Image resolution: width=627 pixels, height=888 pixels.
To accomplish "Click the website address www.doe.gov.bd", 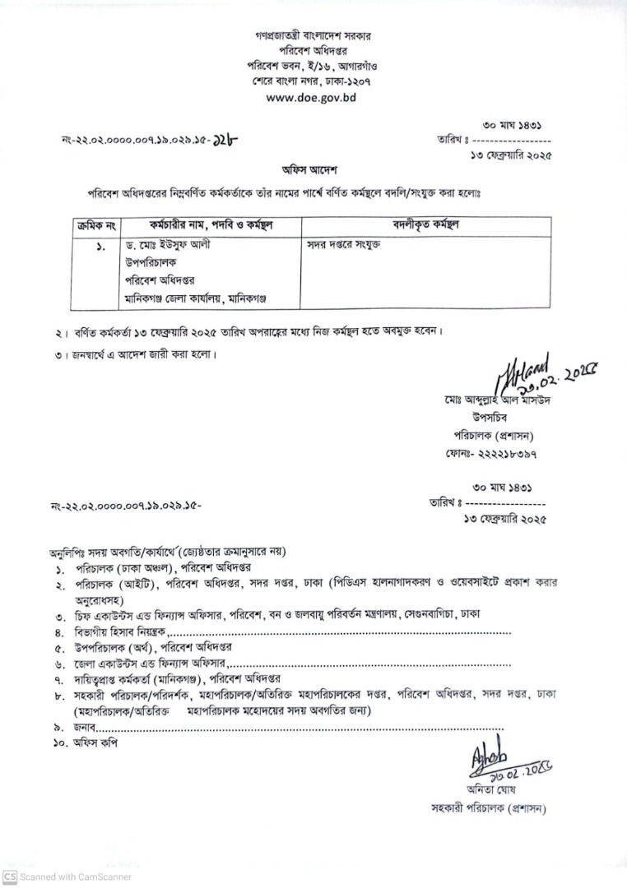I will point(312,97).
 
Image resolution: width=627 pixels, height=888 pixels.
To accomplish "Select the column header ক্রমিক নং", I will point(96,224).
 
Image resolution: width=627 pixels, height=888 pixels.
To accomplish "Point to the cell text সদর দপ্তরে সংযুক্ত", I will point(345,244).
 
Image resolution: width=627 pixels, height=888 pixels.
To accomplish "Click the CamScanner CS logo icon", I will point(10,876).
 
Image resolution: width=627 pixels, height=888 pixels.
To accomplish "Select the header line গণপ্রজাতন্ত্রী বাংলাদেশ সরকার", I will point(312,37).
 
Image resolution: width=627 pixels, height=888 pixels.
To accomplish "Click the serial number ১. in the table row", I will point(100,245).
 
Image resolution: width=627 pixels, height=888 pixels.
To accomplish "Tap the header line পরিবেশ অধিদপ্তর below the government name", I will point(312,51).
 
